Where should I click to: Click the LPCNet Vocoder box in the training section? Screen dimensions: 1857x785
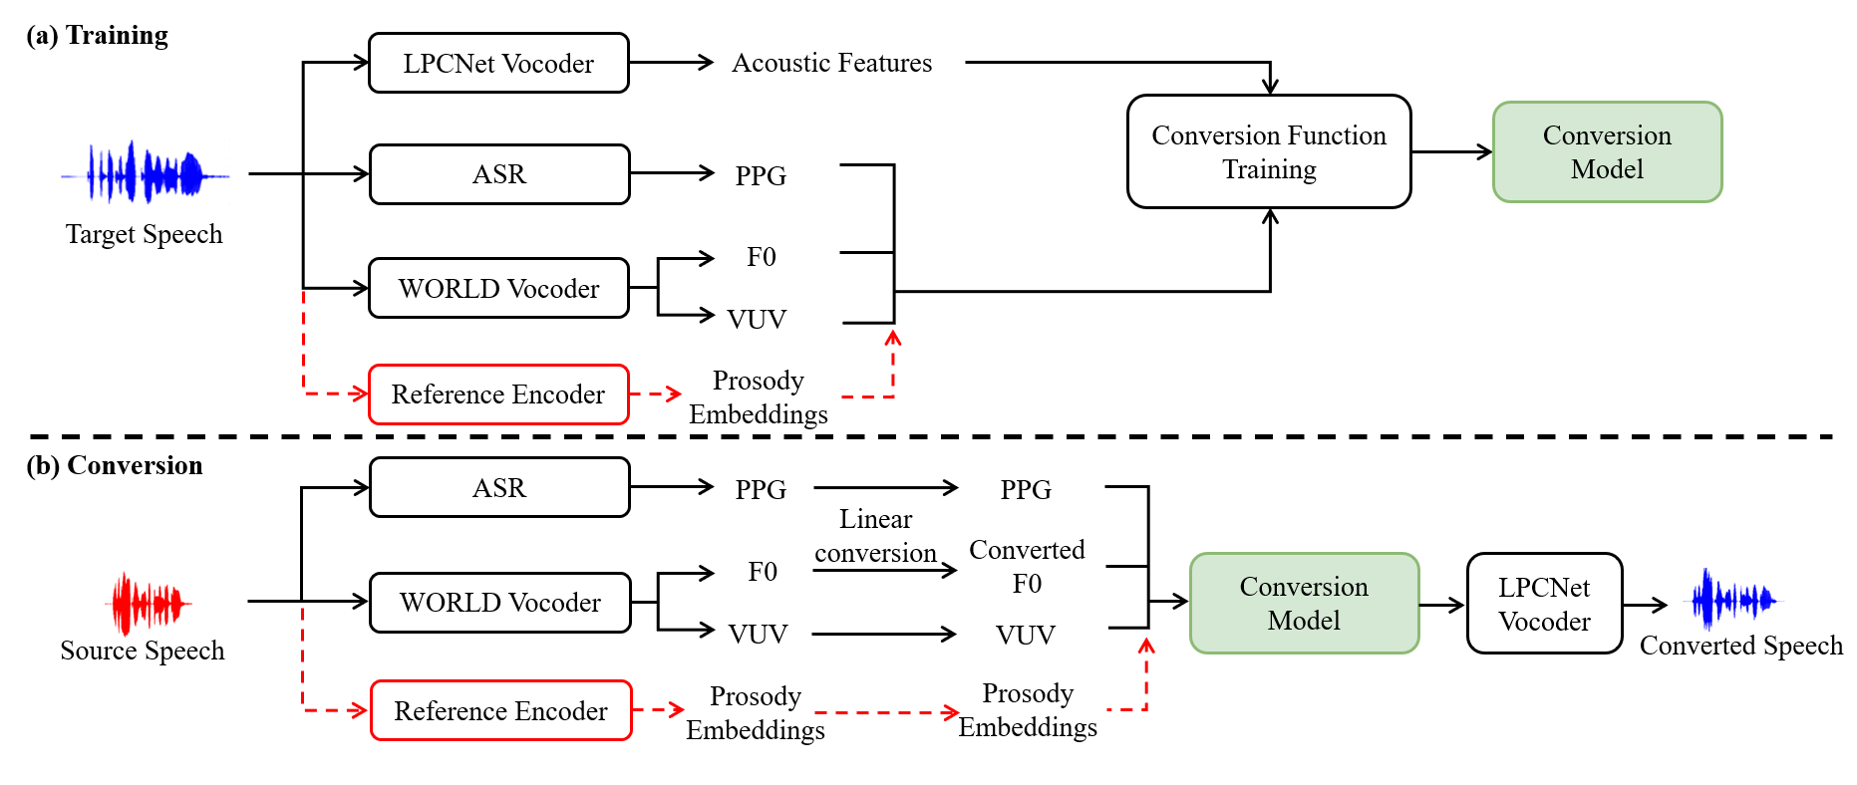pyautogui.click(x=498, y=63)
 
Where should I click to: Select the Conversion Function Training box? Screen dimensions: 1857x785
pyautogui.click(x=1269, y=151)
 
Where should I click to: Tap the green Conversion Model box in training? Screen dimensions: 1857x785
pyautogui.click(x=1607, y=151)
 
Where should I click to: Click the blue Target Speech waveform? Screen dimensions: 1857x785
pyautogui.click(x=146, y=173)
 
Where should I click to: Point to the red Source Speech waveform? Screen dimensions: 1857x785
pyautogui.click(x=149, y=603)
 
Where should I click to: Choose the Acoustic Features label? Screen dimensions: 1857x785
pyautogui.click(x=832, y=63)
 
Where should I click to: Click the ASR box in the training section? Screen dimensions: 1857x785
pyautogui.click(x=499, y=174)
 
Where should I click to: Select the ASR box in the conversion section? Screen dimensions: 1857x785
pyautogui.click(x=499, y=487)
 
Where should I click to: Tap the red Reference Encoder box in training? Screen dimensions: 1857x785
pyautogui.click(x=498, y=394)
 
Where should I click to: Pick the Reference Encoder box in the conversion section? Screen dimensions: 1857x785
pyautogui.click(x=500, y=710)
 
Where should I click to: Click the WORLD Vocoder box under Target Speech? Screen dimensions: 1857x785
pyautogui.click(x=498, y=288)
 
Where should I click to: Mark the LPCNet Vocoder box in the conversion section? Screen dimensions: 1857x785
pyautogui.click(x=1545, y=603)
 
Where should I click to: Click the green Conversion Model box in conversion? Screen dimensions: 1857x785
pyautogui.click(x=1304, y=603)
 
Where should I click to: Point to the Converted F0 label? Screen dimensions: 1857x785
pyautogui.click(x=1027, y=566)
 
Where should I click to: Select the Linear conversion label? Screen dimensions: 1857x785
pyautogui.click(x=875, y=536)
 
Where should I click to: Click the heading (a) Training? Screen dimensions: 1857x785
pyautogui.click(x=98, y=36)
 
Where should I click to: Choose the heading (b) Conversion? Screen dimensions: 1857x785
pyautogui.click(x=115, y=465)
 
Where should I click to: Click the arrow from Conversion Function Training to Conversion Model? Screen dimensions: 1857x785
pyautogui.click(x=1452, y=151)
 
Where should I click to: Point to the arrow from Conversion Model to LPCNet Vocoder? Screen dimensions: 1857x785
pyautogui.click(x=1443, y=604)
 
